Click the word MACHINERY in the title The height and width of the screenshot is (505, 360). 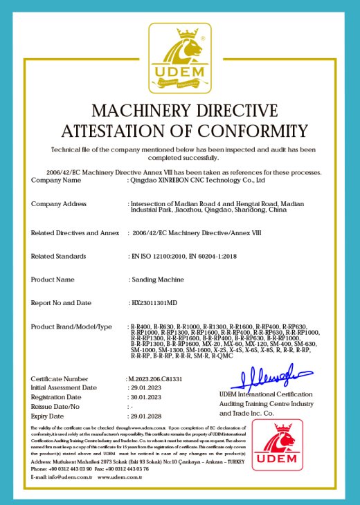[138, 111]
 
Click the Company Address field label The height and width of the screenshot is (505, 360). [59, 204]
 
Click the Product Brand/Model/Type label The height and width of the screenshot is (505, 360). [71, 325]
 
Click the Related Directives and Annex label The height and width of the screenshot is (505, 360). [75, 233]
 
